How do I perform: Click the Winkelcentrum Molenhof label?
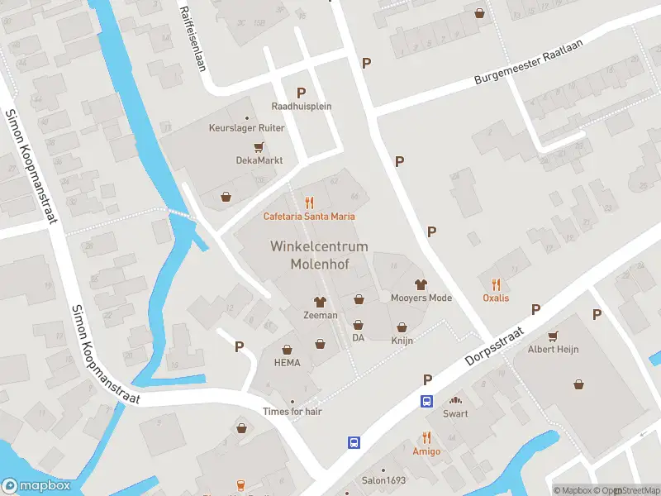click(x=318, y=255)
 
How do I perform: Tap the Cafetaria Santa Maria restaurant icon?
click(x=310, y=202)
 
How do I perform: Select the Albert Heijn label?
click(x=553, y=349)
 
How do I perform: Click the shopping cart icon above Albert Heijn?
click(x=553, y=335)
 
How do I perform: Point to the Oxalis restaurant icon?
click(x=496, y=284)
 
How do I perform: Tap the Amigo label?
click(x=426, y=451)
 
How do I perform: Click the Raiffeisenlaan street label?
click(x=193, y=39)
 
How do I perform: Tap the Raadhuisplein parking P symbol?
click(x=302, y=93)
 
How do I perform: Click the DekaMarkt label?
click(x=259, y=160)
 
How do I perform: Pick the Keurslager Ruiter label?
click(x=246, y=128)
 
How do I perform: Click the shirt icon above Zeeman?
click(x=320, y=302)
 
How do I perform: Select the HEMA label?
click(x=288, y=363)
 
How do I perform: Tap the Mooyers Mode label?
click(x=421, y=298)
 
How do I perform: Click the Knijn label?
click(x=402, y=340)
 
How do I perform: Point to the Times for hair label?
click(x=292, y=412)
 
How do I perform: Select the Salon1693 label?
click(x=383, y=479)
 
